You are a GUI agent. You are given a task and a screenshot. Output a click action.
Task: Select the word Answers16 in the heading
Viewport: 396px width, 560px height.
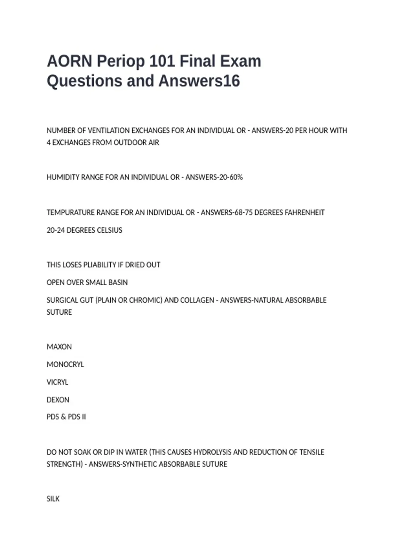(x=199, y=81)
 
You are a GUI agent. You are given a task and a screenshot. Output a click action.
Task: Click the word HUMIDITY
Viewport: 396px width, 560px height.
(x=63, y=177)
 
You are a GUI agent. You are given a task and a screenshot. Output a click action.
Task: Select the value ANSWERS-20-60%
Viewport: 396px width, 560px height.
(x=214, y=177)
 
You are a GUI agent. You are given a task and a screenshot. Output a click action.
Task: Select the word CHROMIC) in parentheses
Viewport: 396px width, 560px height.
(x=146, y=300)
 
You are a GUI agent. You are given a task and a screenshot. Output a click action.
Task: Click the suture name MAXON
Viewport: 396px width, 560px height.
(x=59, y=347)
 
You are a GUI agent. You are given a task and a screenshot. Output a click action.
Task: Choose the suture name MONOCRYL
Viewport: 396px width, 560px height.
(x=65, y=365)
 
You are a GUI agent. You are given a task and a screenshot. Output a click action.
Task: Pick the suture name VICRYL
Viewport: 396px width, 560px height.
(x=57, y=382)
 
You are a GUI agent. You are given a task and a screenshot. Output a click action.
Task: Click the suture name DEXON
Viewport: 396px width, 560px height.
(x=58, y=400)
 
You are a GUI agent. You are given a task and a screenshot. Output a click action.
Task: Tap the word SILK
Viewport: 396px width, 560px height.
(x=53, y=499)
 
